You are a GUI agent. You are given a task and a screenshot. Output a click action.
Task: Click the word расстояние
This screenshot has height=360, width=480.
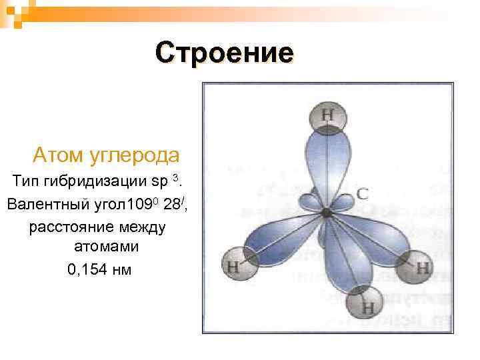pyautogui.click(x=71, y=227)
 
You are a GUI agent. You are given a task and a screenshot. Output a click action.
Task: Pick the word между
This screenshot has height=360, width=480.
pyautogui.click(x=141, y=227)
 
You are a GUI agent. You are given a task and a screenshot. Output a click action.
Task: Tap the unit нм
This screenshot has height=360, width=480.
pyautogui.click(x=123, y=269)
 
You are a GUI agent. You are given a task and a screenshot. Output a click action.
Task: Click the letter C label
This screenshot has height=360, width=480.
pyautogui.click(x=362, y=195)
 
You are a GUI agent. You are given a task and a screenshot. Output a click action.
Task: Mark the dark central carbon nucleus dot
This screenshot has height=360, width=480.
pyautogui.click(x=326, y=213)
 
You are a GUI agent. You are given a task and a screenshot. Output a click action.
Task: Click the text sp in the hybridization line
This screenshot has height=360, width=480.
pyautogui.click(x=160, y=181)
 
